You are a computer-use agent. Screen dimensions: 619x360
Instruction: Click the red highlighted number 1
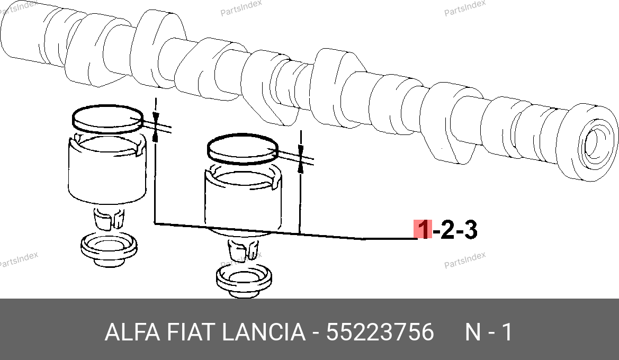click(x=423, y=229)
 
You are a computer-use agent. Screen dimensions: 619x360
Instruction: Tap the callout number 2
click(x=447, y=230)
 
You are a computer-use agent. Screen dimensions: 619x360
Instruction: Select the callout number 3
click(x=470, y=230)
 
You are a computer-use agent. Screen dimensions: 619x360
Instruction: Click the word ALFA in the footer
click(x=132, y=332)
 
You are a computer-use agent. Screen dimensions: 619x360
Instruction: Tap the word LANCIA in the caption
click(x=263, y=332)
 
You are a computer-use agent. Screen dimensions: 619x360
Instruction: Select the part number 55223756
click(x=380, y=332)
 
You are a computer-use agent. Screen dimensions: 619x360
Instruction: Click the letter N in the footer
click(x=472, y=332)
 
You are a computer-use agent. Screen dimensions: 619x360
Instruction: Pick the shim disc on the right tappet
click(x=243, y=148)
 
